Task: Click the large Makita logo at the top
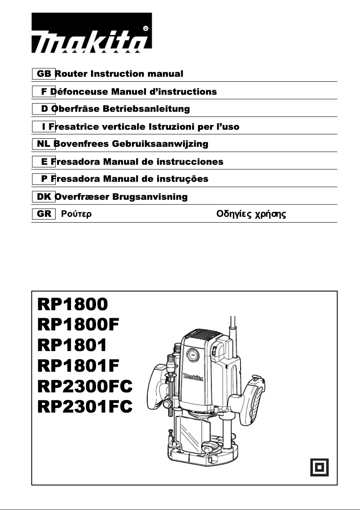pyautogui.click(x=92, y=33)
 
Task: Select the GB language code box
pyautogui.click(x=44, y=74)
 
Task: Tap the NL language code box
pyautogui.click(x=44, y=144)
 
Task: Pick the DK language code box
pyautogui.click(x=44, y=197)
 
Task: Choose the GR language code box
pyautogui.click(x=44, y=214)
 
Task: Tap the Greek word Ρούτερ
pyautogui.click(x=76, y=215)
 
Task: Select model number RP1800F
pyautogui.click(x=79, y=324)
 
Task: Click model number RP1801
pyautogui.click(x=72, y=345)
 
